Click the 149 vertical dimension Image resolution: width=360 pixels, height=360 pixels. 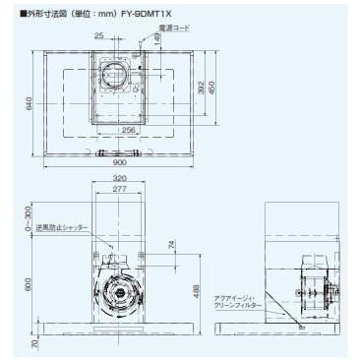point(156,41)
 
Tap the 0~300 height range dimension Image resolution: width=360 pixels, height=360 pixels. point(32,225)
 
